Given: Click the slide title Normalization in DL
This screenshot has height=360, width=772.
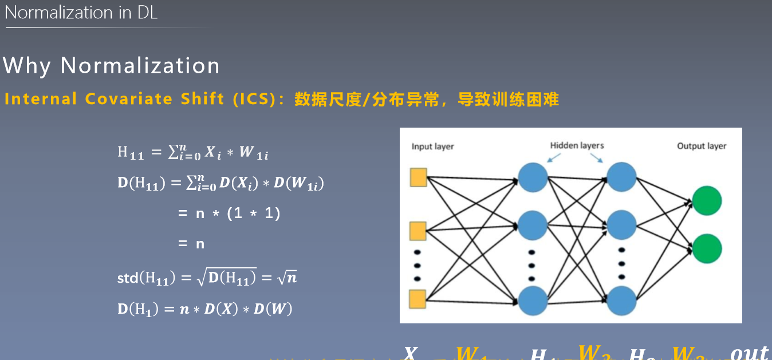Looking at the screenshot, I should click(81, 13).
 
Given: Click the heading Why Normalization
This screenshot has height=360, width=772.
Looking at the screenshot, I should click(111, 66).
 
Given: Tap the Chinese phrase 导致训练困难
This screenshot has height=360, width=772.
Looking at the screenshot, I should click(507, 100).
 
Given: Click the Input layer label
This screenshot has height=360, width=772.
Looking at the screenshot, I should click(432, 147).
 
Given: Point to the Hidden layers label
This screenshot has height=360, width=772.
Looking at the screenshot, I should click(577, 145).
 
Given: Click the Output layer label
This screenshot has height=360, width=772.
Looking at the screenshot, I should click(701, 146).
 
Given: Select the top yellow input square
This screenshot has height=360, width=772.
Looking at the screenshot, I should click(419, 178).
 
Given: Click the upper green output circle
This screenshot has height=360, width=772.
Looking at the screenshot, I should click(706, 200).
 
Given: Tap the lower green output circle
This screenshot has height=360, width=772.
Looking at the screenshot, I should click(706, 248).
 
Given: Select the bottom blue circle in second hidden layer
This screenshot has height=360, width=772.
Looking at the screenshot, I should click(621, 300).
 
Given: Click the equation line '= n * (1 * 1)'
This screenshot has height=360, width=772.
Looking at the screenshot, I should click(229, 213).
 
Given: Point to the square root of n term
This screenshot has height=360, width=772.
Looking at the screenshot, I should click(287, 278).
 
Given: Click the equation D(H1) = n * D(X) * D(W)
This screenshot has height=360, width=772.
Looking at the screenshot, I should click(204, 309).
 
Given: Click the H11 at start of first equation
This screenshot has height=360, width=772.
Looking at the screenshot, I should click(131, 152).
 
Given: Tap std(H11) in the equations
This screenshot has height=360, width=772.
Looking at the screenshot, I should click(144, 279).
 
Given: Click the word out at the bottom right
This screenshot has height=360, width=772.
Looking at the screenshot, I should click(749, 353).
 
